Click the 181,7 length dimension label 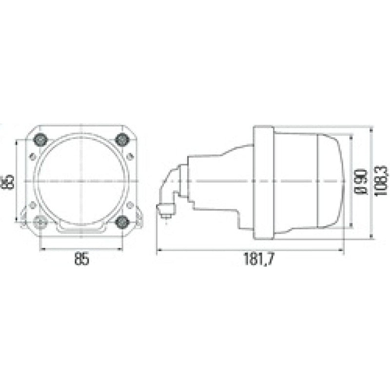(x=259, y=259)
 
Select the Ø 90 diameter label (x=360, y=182)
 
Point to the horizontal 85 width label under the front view (x=82, y=259)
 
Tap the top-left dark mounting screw (x=39, y=140)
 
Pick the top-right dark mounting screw (x=122, y=140)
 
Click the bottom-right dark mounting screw (x=122, y=222)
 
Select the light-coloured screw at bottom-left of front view (x=40, y=223)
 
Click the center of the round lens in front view (x=81, y=181)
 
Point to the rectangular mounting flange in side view (x=264, y=182)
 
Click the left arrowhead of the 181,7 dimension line (x=158, y=250)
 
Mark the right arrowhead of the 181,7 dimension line (x=343, y=250)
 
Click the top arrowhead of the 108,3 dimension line (x=371, y=128)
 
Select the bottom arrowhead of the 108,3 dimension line (x=371, y=237)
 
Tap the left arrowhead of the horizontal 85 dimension (x=41, y=248)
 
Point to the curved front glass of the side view (x=336, y=181)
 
